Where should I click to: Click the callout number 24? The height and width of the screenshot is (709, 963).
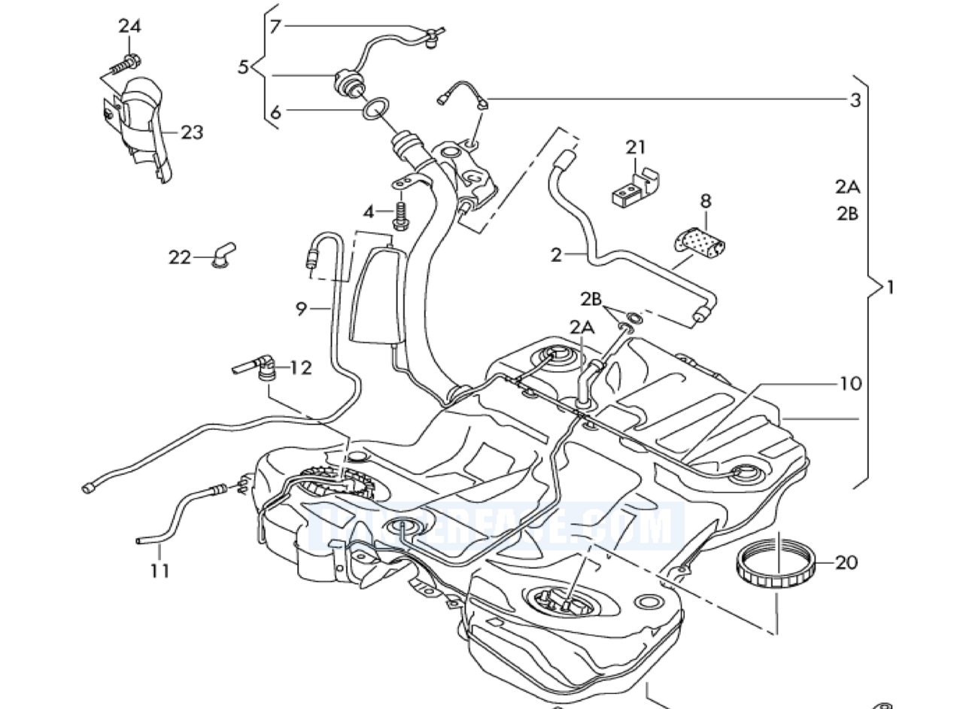[x=129, y=26]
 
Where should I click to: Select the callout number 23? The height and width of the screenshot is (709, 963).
[x=192, y=132]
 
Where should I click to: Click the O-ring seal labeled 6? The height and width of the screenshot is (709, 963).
[x=374, y=109]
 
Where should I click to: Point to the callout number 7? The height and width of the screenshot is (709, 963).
[x=275, y=27]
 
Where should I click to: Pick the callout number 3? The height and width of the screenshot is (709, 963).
[x=855, y=100]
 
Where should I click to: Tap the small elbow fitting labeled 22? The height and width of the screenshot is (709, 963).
[x=223, y=254]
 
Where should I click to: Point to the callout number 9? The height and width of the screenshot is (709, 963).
[x=302, y=308]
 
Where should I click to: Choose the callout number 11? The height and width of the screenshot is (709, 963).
[x=159, y=571]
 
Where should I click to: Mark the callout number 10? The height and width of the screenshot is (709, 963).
[x=849, y=384]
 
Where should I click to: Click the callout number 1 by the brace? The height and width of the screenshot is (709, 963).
[x=891, y=287]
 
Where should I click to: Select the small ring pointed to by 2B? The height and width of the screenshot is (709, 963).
[x=633, y=318]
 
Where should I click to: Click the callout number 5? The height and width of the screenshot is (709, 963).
[x=243, y=67]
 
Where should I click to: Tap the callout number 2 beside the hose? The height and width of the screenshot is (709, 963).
[x=556, y=255]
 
